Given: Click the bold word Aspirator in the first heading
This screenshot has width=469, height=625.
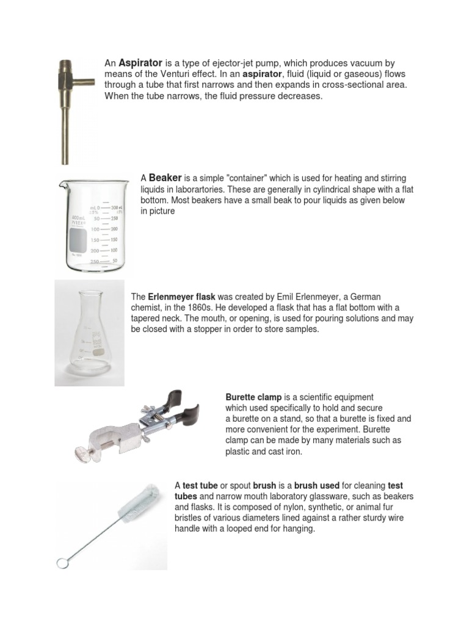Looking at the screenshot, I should [x=140, y=63].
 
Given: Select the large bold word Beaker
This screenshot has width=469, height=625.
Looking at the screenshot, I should [x=165, y=178].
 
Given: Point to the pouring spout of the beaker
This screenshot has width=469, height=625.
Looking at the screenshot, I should [x=64, y=181].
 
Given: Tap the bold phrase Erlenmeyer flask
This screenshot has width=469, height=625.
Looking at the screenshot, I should [x=182, y=297].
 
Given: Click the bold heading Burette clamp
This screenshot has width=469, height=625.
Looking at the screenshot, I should [x=253, y=397].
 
